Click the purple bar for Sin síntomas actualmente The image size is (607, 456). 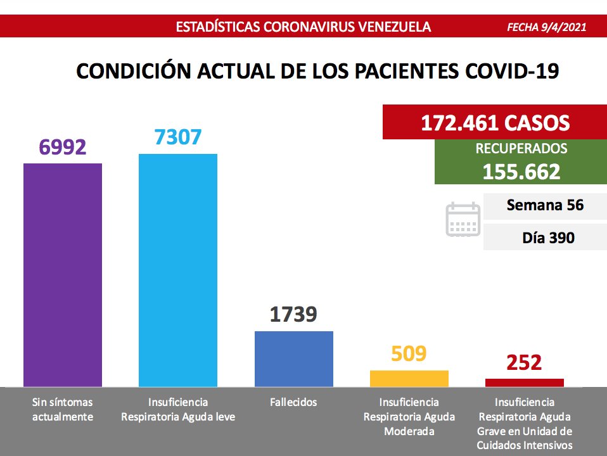(x=63, y=275)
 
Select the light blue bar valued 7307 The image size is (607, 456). (x=178, y=270)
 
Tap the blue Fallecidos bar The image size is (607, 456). (x=293, y=358)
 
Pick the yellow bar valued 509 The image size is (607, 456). (x=409, y=378)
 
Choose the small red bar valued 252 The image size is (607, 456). (x=524, y=383)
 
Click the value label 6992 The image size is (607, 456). (x=62, y=147)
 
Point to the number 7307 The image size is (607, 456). (x=178, y=137)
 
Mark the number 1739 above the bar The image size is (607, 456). (x=293, y=314)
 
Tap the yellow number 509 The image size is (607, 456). (x=409, y=353)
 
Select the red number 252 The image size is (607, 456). (x=524, y=363)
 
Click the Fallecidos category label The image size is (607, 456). (x=293, y=402)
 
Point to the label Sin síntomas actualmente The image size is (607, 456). (x=63, y=410)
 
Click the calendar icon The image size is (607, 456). (x=463, y=220)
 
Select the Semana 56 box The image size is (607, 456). (x=545, y=206)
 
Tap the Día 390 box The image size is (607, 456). (x=545, y=238)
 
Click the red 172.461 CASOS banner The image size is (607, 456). (x=495, y=123)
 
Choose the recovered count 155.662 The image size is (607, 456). (x=521, y=172)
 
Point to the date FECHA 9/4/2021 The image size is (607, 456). (x=547, y=27)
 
